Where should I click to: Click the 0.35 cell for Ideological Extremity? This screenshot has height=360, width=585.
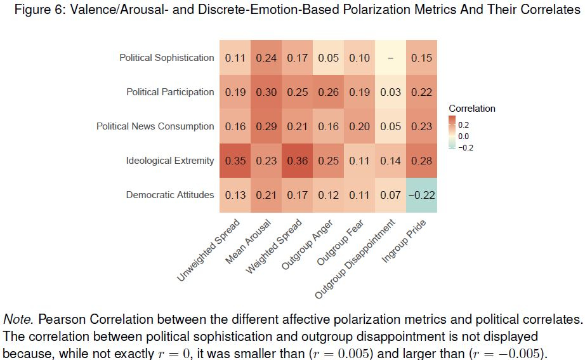(x=235, y=161)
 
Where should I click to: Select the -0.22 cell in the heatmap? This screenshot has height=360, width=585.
(x=421, y=195)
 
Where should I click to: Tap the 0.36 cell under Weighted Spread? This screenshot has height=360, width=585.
(x=298, y=161)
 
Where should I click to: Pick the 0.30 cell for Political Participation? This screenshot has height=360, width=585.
(x=266, y=92)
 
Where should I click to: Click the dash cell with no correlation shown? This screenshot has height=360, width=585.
(x=390, y=58)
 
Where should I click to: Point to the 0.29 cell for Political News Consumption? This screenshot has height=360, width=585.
(x=266, y=126)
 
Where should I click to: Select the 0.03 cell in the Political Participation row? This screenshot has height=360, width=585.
(x=390, y=92)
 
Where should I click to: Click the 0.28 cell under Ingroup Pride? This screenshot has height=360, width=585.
(x=421, y=161)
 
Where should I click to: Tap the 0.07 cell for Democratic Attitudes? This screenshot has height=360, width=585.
(x=390, y=195)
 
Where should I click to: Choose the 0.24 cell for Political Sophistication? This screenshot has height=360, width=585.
(x=266, y=58)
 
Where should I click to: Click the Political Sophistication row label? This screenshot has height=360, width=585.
(x=167, y=58)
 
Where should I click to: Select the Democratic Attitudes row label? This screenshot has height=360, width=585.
(x=169, y=195)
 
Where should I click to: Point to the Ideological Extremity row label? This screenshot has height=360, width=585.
(x=170, y=161)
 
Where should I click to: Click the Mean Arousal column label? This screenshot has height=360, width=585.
(x=249, y=241)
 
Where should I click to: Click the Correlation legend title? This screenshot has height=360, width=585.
(x=472, y=109)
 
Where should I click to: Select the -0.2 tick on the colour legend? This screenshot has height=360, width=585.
(x=466, y=148)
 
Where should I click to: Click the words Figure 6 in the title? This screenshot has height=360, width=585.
(x=37, y=11)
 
